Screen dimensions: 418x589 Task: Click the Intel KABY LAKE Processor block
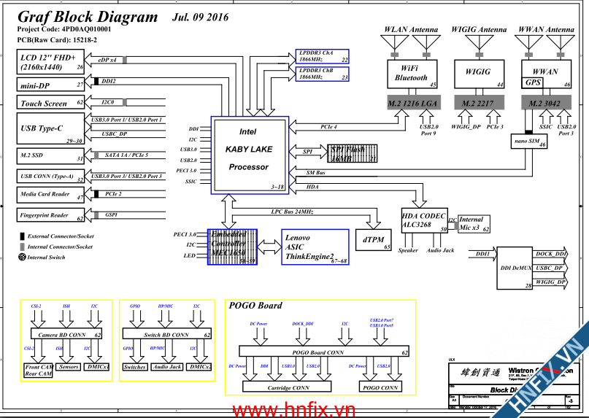tap(249, 155)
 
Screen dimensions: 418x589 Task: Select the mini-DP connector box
tap(51, 85)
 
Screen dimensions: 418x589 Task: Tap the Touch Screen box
tap(51, 103)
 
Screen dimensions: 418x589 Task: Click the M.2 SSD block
tap(51, 156)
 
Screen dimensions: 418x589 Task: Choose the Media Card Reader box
tap(51, 195)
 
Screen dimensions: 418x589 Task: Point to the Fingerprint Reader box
tap(51, 214)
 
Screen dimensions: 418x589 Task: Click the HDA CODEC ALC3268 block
tap(424, 220)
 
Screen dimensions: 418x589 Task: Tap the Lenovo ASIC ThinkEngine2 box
tap(315, 248)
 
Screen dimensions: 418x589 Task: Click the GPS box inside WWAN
tap(533, 83)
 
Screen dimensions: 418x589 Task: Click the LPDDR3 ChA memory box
tap(322, 57)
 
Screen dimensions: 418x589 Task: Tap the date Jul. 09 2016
tap(200, 17)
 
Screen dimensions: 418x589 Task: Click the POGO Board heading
tap(255, 306)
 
